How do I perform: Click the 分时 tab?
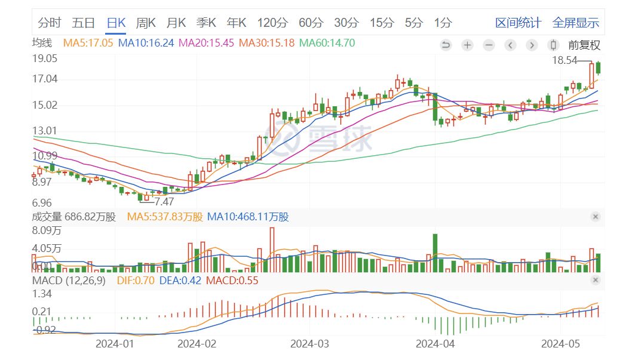pos(50,23)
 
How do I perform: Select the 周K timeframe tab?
pos(146,23)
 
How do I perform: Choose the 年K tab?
pos(237,23)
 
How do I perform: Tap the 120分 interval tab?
pos(272,23)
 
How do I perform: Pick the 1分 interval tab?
pos(443,23)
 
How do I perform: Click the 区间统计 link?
pos(518,23)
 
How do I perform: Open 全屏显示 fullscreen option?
pos(575,23)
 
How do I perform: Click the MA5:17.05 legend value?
pos(89,43)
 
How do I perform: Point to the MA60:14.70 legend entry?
pos(327,43)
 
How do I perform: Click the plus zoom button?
pos(467,45)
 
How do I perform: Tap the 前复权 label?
pos(584,45)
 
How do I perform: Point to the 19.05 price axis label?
pos(45,59)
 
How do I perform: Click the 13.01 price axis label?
pos(45,131)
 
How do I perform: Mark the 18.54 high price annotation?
pos(564,60)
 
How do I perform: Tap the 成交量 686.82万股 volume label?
pos(73,217)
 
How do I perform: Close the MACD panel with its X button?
pos(595,280)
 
